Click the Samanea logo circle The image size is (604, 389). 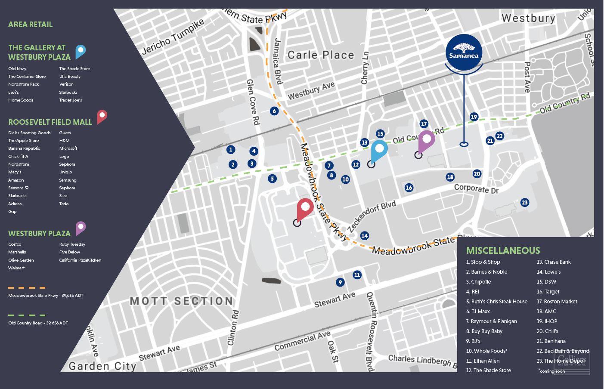[x=464, y=52]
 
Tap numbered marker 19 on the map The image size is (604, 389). [x=474, y=117]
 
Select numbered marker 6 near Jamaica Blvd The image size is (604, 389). [x=274, y=111]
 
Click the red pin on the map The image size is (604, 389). [x=305, y=208]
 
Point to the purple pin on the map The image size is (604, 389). [x=427, y=140]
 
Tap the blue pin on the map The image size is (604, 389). [x=379, y=149]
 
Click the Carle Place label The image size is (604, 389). [x=320, y=55]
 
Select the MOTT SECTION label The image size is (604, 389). [x=181, y=301]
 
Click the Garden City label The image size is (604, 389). [x=102, y=366]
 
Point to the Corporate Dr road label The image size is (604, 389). [x=476, y=188]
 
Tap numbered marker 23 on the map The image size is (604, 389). [x=524, y=202]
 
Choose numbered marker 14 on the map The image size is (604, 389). [x=364, y=235]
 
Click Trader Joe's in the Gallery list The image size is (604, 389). [x=70, y=100]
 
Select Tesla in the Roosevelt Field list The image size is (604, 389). [x=64, y=204]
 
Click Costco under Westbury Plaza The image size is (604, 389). [x=15, y=244]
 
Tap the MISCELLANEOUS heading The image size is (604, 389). [x=502, y=250]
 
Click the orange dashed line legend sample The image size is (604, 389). [x=27, y=288]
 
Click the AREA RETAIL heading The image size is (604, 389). [x=30, y=25]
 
